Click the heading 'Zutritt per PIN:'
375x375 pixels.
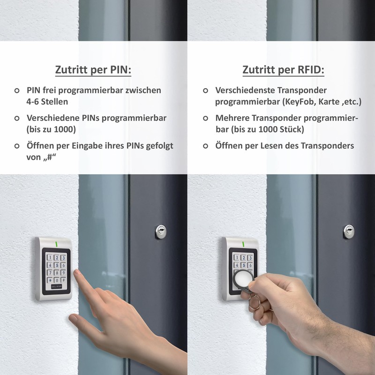(93, 70)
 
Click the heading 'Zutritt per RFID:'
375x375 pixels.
(283, 70)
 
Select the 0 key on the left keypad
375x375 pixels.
(57, 281)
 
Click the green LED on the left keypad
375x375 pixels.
(56, 244)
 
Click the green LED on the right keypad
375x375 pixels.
(244, 244)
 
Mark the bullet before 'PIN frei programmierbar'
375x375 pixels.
(17, 90)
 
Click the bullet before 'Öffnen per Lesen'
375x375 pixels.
(205, 146)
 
